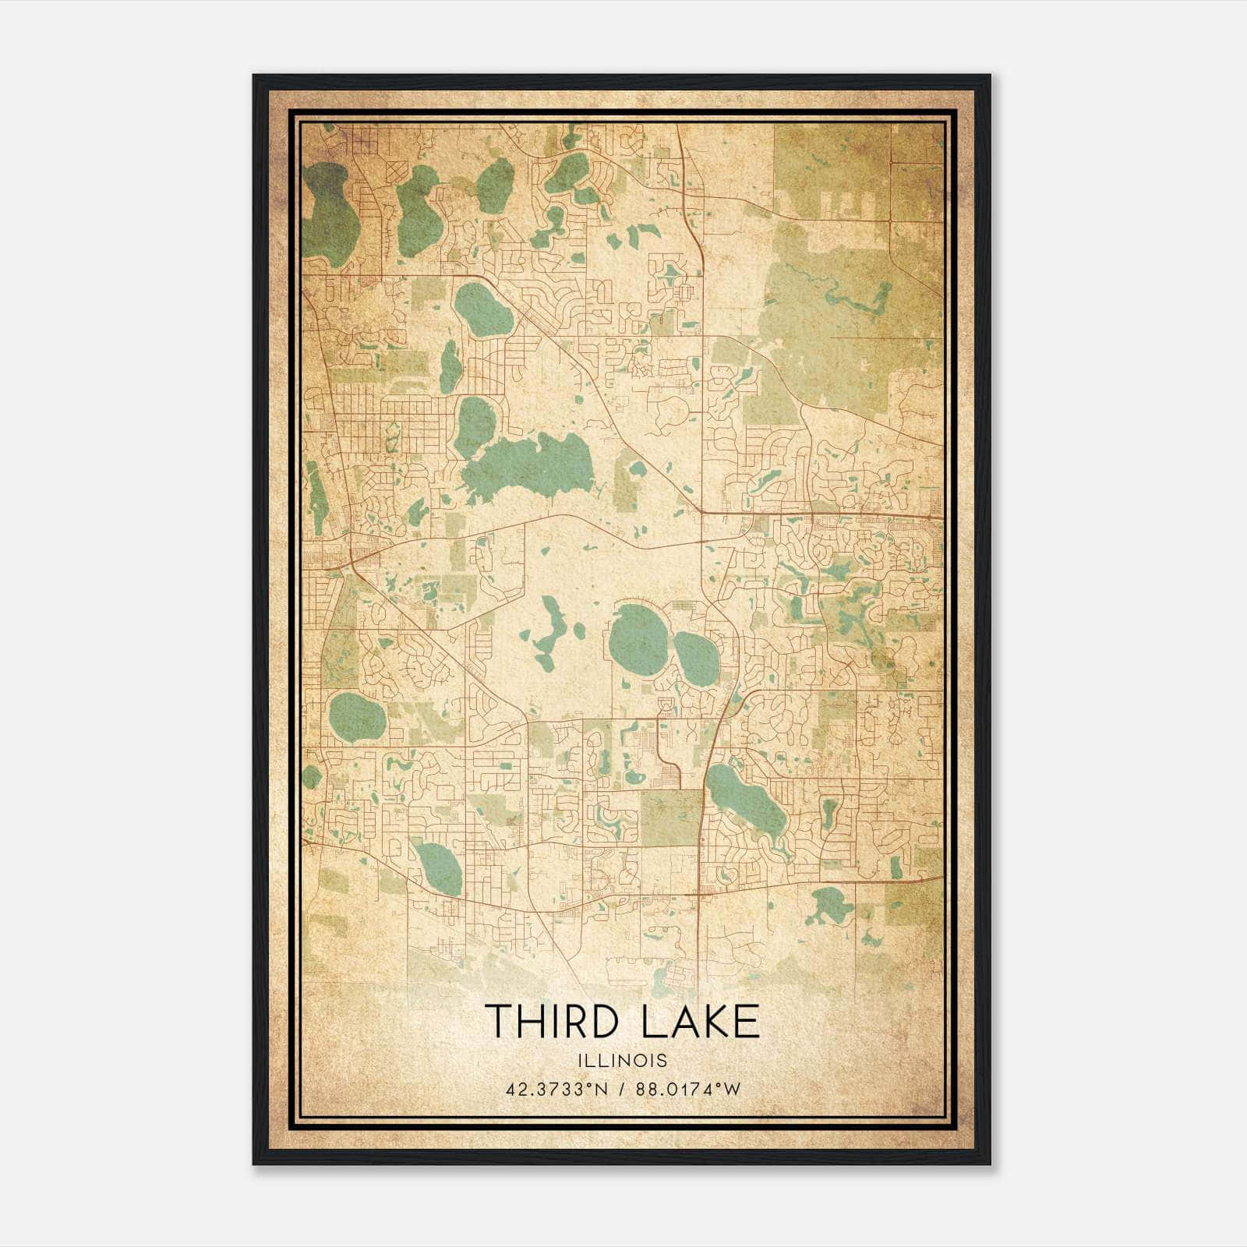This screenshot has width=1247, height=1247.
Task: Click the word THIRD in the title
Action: [x=556, y=1021]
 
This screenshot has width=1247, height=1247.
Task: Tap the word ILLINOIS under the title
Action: [x=623, y=1060]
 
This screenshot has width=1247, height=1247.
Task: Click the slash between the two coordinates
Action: [x=620, y=1089]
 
